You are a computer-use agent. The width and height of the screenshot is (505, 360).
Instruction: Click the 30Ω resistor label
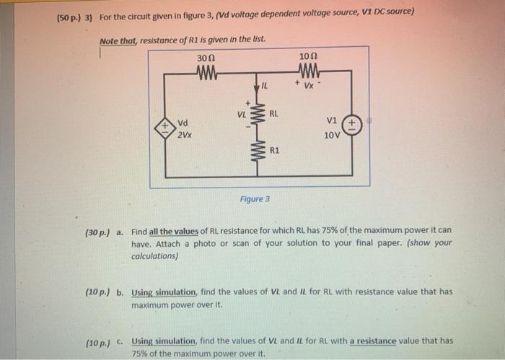tap(206, 57)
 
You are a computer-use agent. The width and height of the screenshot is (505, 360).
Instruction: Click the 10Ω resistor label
tap(307, 57)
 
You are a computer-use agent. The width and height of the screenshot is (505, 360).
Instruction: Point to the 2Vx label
tap(184, 134)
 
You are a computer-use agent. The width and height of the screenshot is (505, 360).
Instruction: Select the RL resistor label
tap(274, 114)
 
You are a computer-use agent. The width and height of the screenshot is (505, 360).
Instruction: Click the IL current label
tap(265, 87)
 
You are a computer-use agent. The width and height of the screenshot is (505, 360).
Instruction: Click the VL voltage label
tap(242, 114)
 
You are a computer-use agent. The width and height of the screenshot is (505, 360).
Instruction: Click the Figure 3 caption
tap(255, 198)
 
